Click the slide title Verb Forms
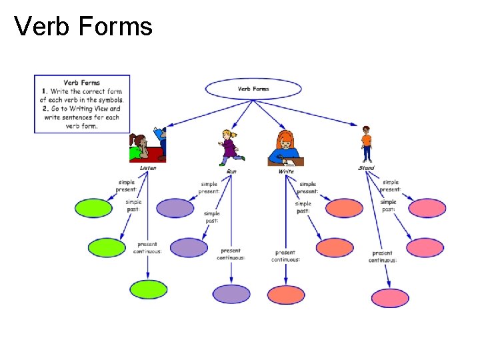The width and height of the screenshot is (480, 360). pyautogui.click(x=83, y=27)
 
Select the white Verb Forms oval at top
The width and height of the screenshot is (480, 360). pyautogui.click(x=253, y=89)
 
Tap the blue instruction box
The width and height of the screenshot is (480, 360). pyautogui.click(x=82, y=103)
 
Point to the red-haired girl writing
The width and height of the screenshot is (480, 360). pyautogui.click(x=285, y=148)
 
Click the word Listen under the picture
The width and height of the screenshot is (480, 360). pyautogui.click(x=148, y=168)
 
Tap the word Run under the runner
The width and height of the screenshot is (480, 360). pyautogui.click(x=231, y=171)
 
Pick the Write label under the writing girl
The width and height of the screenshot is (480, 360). pyautogui.click(x=286, y=171)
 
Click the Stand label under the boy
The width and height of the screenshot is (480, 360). pyautogui.click(x=366, y=168)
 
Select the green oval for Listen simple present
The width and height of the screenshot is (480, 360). pyautogui.click(x=93, y=208)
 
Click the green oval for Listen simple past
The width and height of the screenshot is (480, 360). pyautogui.click(x=107, y=247)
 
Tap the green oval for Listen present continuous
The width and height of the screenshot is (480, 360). pyautogui.click(x=148, y=289)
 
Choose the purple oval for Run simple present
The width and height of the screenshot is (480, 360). pyautogui.click(x=176, y=208)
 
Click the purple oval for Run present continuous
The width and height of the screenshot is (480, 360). pyautogui.click(x=231, y=293)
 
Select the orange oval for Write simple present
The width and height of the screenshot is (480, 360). pyautogui.click(x=345, y=208)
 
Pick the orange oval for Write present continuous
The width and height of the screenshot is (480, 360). pyautogui.click(x=286, y=294)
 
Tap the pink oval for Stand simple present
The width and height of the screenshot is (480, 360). pyautogui.click(x=427, y=208)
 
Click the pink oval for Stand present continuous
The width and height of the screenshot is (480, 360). pyautogui.click(x=390, y=297)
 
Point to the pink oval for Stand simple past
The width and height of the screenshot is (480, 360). pyautogui.click(x=425, y=247)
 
